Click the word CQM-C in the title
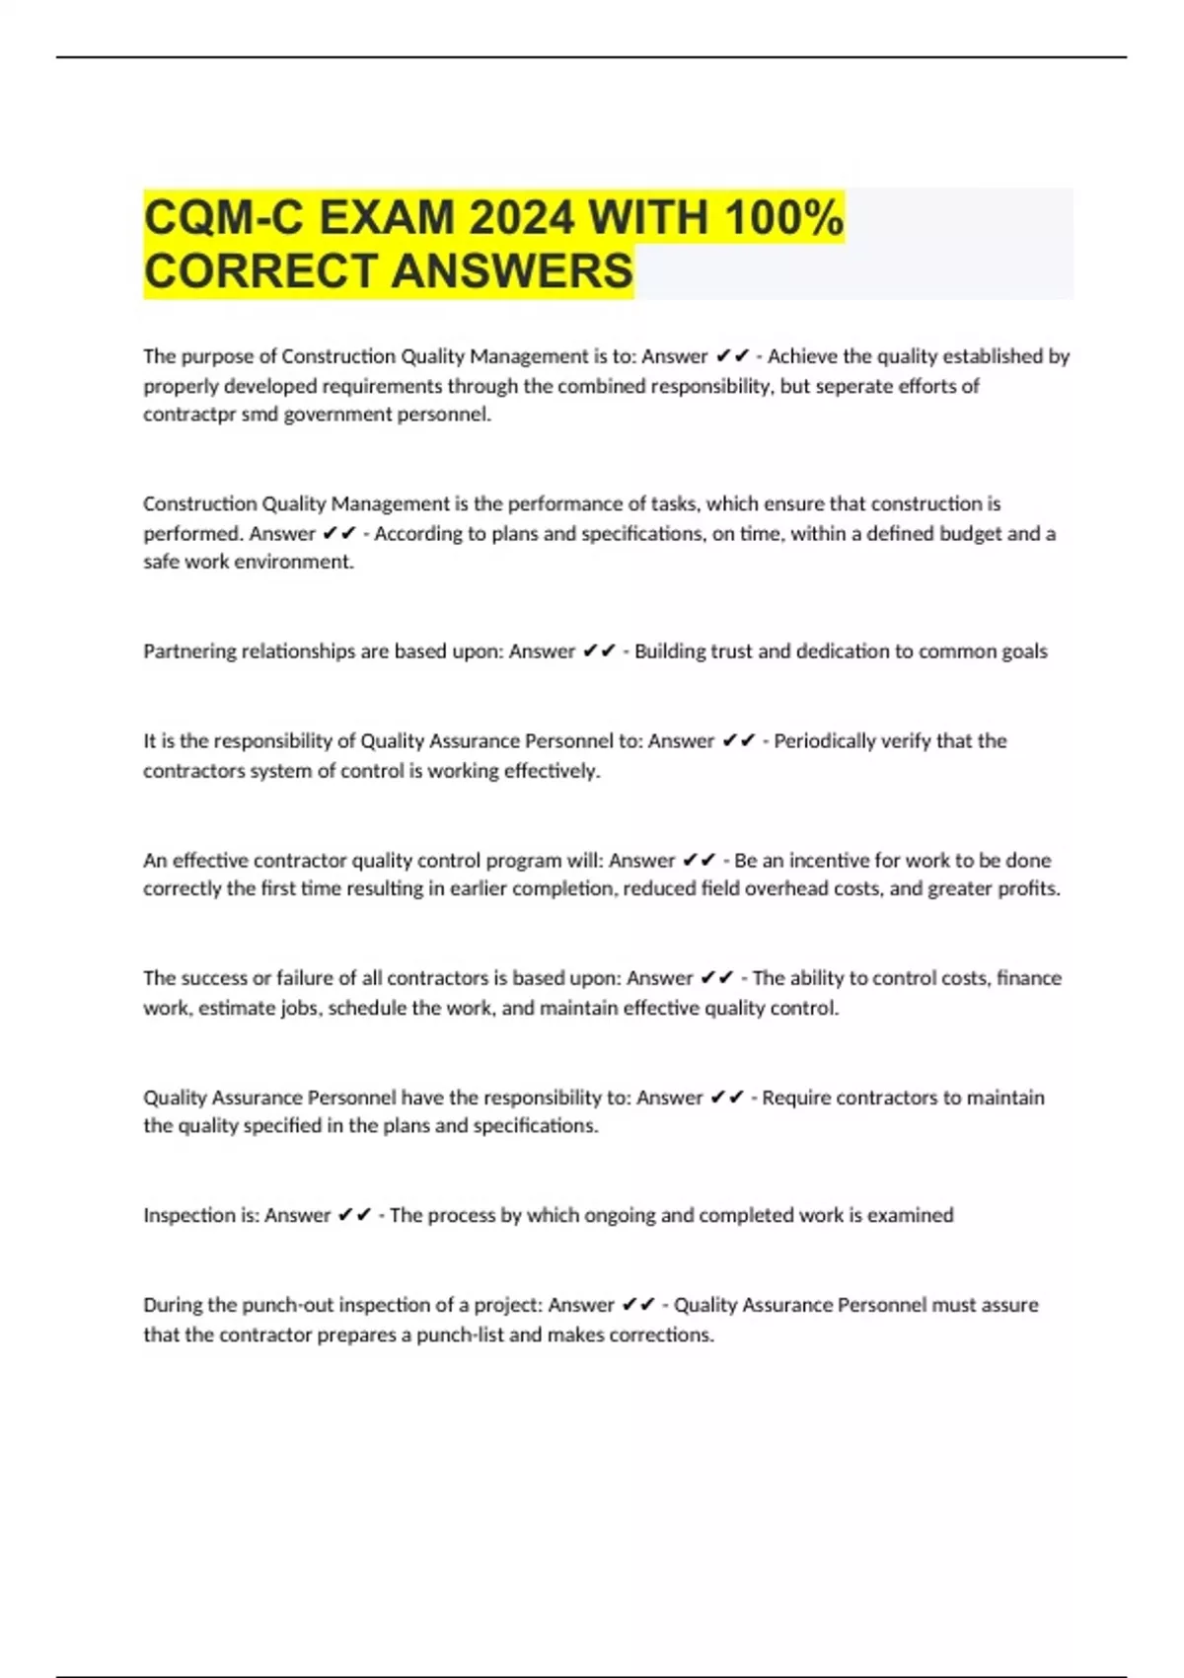(224, 217)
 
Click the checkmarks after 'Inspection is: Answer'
(354, 1215)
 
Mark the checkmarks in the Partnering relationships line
(599, 651)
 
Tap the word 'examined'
(914, 1215)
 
